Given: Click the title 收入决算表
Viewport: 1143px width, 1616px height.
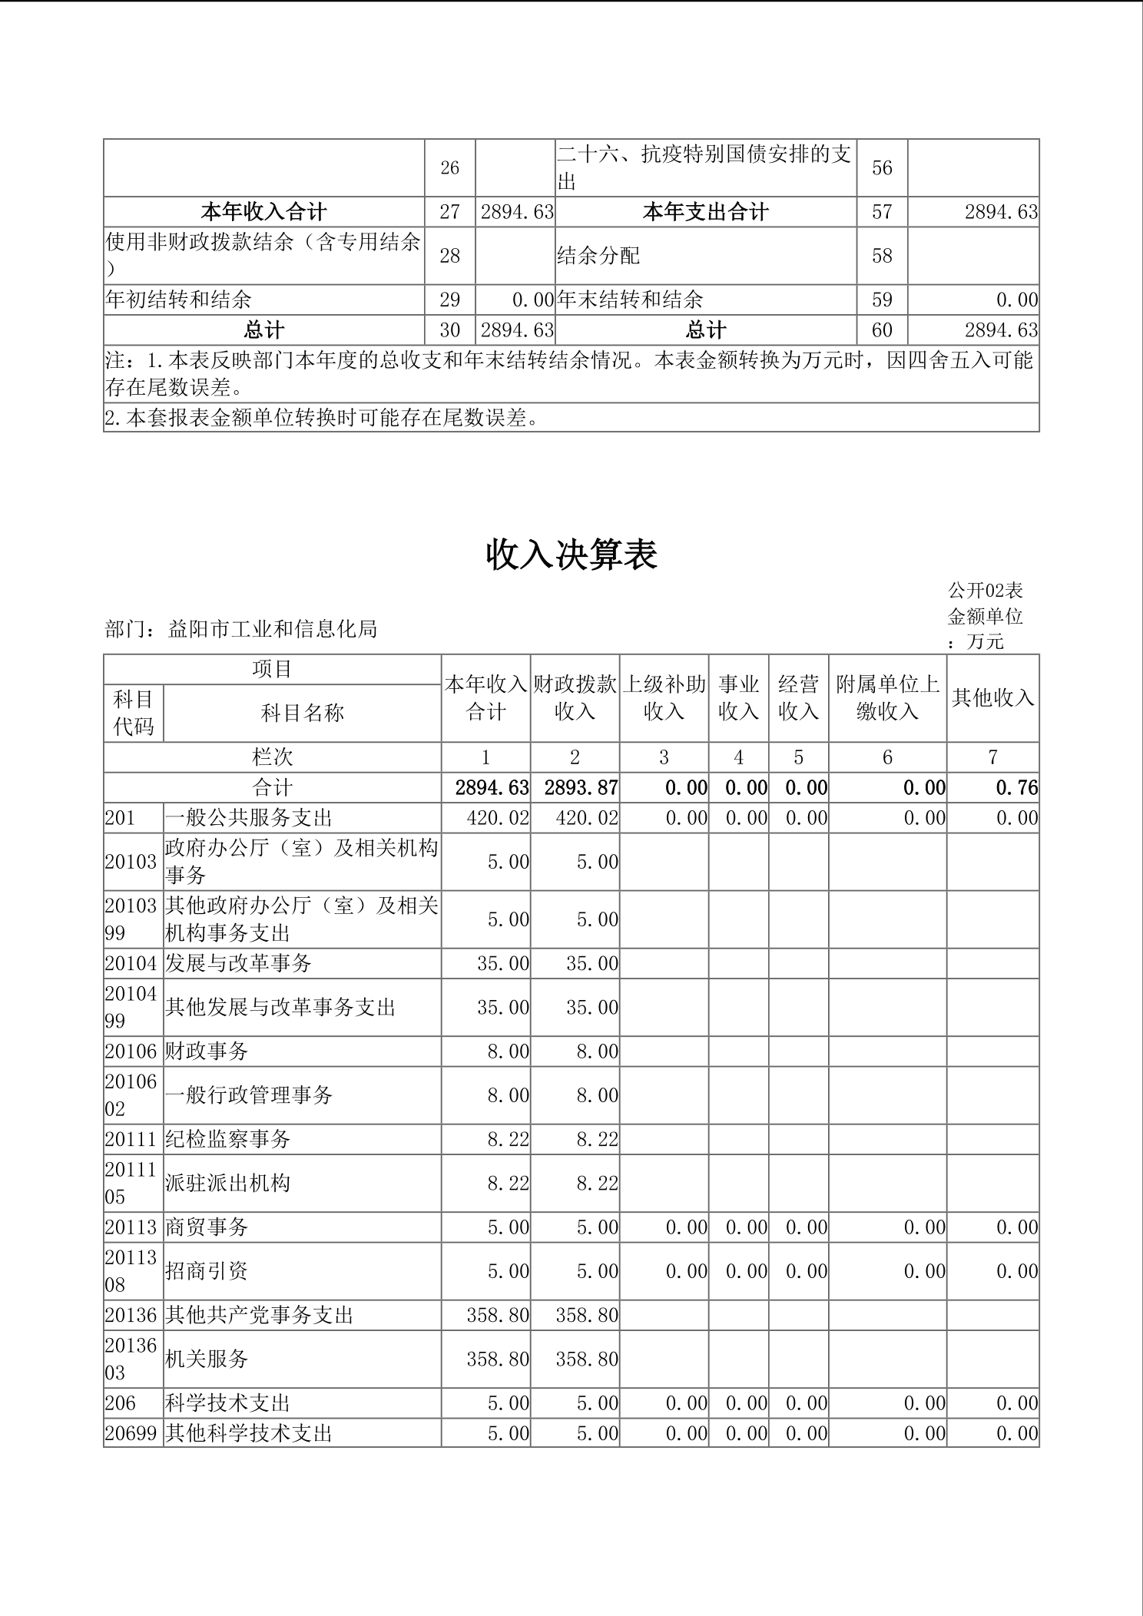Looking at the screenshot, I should (x=571, y=555).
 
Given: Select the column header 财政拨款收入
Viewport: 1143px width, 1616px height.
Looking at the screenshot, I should (x=575, y=697).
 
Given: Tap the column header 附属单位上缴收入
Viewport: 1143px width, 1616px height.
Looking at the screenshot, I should (x=887, y=697).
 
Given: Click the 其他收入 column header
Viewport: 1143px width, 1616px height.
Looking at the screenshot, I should (x=992, y=697).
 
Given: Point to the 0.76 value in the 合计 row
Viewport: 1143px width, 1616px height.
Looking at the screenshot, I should (x=1016, y=788).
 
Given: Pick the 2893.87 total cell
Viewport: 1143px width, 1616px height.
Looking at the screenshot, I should (x=581, y=788).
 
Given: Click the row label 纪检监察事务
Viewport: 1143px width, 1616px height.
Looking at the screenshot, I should (x=228, y=1139).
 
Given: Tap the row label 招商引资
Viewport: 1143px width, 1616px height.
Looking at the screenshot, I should (x=207, y=1271).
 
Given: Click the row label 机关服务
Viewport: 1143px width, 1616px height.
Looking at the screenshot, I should (x=207, y=1359).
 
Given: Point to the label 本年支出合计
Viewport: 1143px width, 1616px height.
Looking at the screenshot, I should (x=705, y=212).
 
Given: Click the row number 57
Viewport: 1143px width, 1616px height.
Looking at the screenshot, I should (x=882, y=212).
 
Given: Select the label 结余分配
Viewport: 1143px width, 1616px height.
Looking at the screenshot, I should (x=598, y=256).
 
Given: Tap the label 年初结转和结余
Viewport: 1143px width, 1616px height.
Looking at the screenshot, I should (x=178, y=300).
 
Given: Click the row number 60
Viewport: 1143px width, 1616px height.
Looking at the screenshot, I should (x=882, y=330).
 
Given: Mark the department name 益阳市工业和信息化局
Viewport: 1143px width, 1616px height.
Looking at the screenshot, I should (x=273, y=630).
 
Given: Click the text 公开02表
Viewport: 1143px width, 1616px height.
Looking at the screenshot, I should (x=985, y=591).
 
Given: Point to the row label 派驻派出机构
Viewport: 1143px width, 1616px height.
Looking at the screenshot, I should (x=228, y=1183).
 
